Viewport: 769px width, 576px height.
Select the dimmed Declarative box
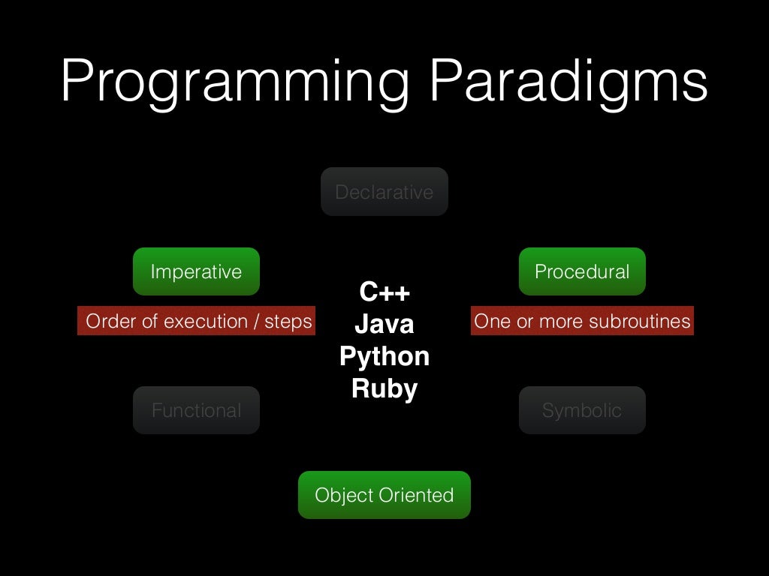point(384,192)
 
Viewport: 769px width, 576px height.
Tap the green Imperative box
point(196,271)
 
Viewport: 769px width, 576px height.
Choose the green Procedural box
point(582,271)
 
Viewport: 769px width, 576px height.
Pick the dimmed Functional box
point(196,410)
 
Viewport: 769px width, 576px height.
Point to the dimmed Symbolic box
point(582,410)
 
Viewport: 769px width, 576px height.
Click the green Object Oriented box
point(384,495)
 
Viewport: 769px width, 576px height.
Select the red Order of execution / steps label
point(197,321)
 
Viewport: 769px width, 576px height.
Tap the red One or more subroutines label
point(582,321)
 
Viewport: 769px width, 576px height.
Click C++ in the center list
point(384,292)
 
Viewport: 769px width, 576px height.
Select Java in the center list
point(384,324)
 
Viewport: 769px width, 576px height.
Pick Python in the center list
point(384,356)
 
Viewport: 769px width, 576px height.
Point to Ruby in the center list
point(384,388)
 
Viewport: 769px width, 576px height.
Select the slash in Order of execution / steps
point(257,321)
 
